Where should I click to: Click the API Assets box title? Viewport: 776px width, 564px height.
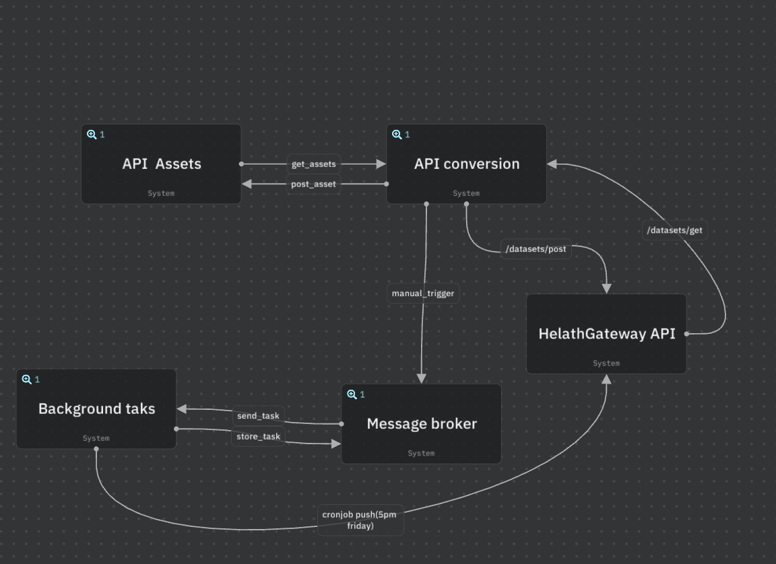(x=162, y=164)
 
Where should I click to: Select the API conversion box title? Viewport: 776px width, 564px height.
(x=467, y=164)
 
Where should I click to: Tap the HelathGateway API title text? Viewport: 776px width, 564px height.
(x=607, y=334)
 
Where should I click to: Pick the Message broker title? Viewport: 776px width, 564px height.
(x=422, y=423)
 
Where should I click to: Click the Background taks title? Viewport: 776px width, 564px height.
(x=96, y=409)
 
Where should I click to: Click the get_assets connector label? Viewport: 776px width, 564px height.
(x=314, y=164)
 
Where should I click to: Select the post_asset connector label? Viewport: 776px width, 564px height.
(x=313, y=184)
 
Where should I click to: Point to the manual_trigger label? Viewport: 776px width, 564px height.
(x=423, y=293)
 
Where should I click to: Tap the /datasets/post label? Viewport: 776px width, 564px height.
(x=536, y=249)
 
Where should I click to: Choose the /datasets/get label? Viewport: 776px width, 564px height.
(x=674, y=230)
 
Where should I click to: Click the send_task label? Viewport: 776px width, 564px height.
(x=259, y=416)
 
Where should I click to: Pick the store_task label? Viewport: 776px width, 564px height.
(x=259, y=437)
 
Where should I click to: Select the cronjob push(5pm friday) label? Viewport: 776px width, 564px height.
(x=360, y=520)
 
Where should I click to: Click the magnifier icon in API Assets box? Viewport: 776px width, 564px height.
(x=92, y=135)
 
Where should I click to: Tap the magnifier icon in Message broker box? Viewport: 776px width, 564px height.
(x=352, y=394)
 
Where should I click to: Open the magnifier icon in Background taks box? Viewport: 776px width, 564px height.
(x=27, y=379)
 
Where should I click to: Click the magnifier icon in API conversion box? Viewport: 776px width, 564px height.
(x=397, y=135)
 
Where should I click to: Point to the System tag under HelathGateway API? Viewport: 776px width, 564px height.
(x=606, y=363)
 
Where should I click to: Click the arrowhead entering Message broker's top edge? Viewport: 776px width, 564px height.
(x=422, y=379)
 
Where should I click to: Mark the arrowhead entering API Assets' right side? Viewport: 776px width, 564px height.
(x=247, y=184)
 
